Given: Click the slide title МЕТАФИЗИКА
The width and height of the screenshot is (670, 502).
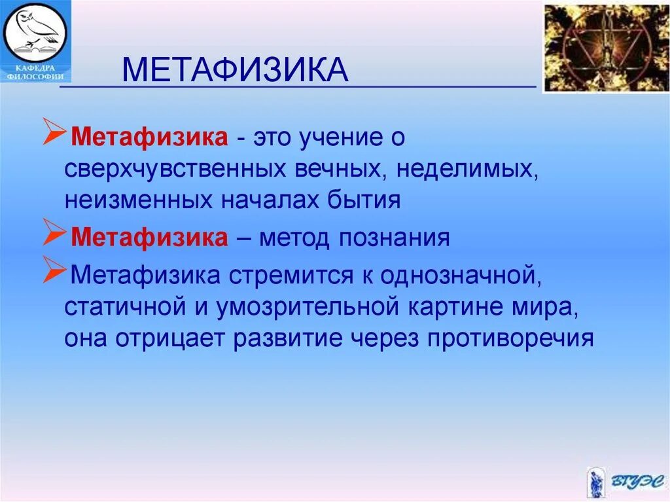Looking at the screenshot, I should [235, 69].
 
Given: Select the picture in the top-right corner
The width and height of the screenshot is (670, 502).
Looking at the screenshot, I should [607, 48].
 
